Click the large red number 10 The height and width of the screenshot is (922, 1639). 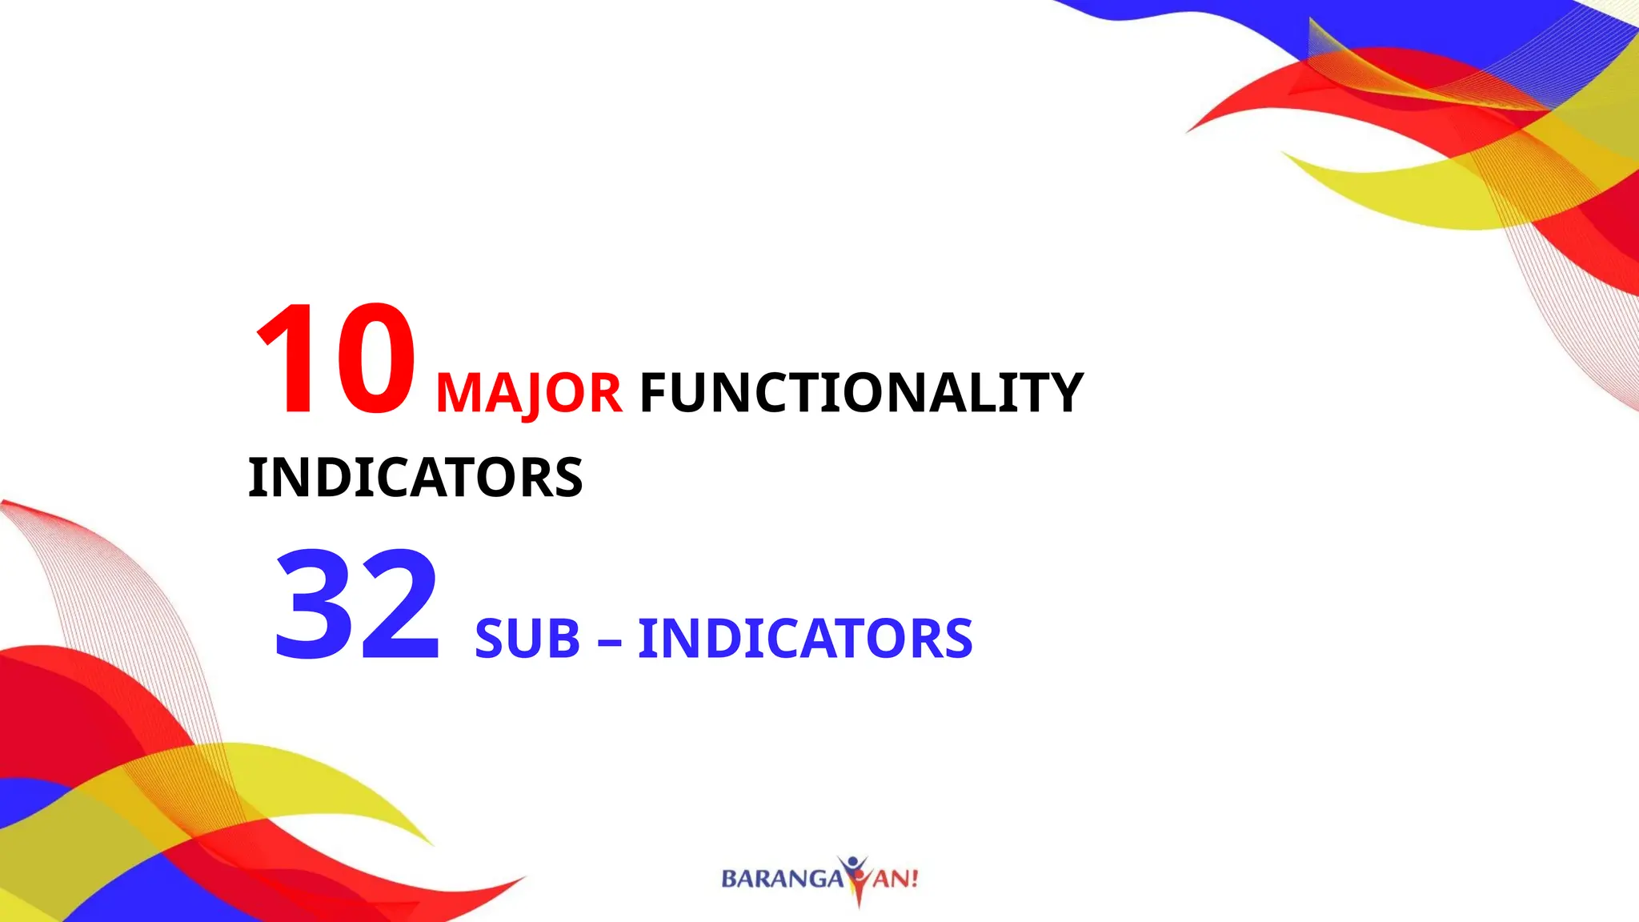click(335, 359)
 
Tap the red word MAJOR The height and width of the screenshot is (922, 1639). click(528, 393)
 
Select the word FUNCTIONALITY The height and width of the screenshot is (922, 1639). click(861, 393)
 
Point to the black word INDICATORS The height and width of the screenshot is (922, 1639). click(415, 478)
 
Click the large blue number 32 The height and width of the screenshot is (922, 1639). click(357, 604)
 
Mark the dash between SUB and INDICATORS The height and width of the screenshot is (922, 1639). click(609, 641)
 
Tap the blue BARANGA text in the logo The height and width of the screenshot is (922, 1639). click(782, 879)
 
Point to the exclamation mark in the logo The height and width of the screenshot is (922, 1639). click(914, 879)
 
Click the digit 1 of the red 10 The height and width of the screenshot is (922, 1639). click(287, 359)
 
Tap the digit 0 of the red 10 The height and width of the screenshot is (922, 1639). click(375, 359)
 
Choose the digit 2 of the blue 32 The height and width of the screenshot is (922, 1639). click(399, 604)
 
